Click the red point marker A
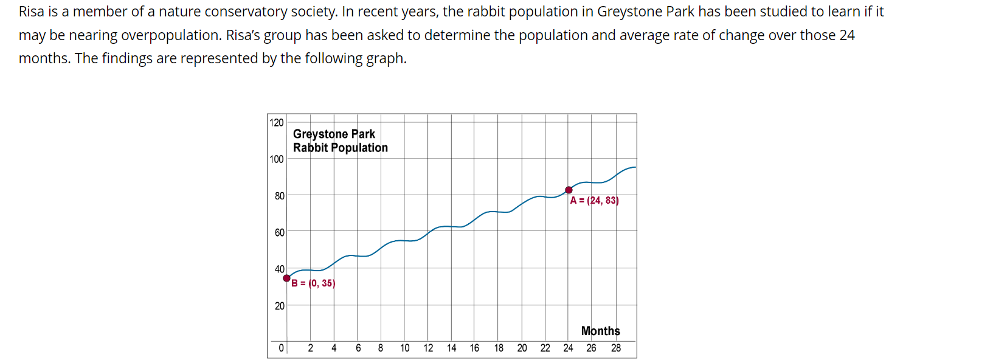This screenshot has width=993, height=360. pyautogui.click(x=569, y=190)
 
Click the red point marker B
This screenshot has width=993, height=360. pyautogui.click(x=287, y=278)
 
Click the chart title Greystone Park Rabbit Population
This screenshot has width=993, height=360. pyautogui.click(x=340, y=140)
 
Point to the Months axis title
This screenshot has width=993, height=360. pyautogui.click(x=600, y=331)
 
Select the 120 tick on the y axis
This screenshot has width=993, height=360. pyautogui.click(x=277, y=122)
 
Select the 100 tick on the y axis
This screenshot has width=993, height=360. pyautogui.click(x=277, y=159)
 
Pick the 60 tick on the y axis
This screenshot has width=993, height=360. pyautogui.click(x=279, y=232)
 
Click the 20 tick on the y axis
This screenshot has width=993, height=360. pyautogui.click(x=279, y=306)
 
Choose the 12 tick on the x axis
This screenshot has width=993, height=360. pyautogui.click(x=428, y=348)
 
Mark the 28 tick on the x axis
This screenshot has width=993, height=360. pyautogui.click(x=616, y=348)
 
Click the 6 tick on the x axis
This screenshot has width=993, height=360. pyautogui.click(x=358, y=348)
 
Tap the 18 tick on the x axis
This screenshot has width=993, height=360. pyautogui.click(x=499, y=348)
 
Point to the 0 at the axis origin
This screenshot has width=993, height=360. pyautogui.click(x=281, y=348)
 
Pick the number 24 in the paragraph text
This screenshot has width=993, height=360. pyautogui.click(x=847, y=35)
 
